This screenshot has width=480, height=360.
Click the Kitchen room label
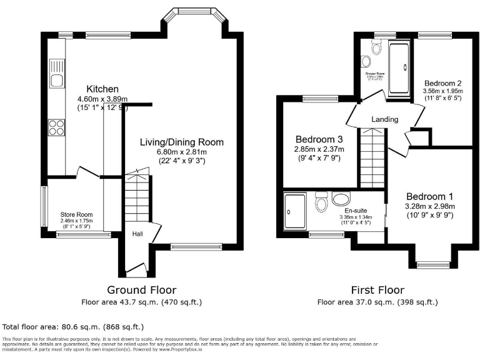(x=102, y=89)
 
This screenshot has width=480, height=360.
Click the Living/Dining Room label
(x=181, y=142)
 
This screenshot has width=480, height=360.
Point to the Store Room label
(x=76, y=214)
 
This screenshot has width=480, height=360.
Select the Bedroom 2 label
(x=442, y=83)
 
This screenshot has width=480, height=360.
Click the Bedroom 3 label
(x=319, y=139)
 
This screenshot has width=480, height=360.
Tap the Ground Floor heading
(x=141, y=290)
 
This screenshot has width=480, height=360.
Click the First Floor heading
(x=377, y=290)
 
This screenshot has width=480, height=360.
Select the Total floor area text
(x=73, y=326)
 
